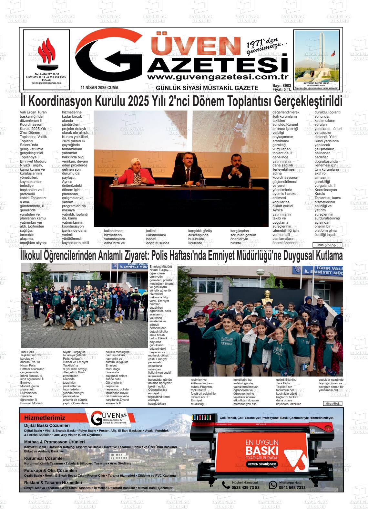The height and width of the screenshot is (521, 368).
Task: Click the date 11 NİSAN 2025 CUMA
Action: point(99,88)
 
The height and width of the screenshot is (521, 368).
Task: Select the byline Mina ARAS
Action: point(332,403)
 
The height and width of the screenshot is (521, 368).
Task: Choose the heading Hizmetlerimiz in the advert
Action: point(45,418)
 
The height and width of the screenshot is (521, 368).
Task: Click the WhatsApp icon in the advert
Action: point(273,485)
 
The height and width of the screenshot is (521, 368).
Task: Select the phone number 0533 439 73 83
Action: point(245,487)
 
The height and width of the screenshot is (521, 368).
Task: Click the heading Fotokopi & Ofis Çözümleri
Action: point(51,471)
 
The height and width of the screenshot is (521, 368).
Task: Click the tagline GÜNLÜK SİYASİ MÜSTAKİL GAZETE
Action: point(207,88)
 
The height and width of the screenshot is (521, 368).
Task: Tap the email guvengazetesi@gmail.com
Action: point(46,83)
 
